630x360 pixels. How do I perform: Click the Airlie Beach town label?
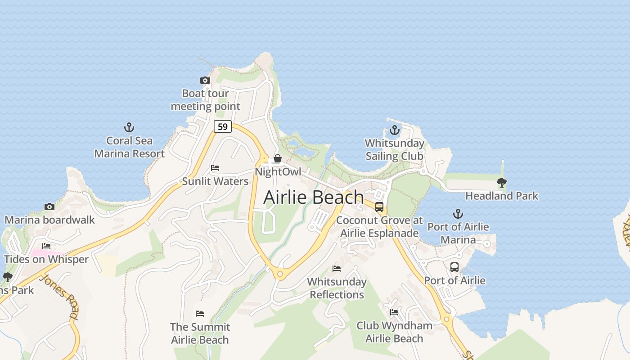click(x=314, y=197)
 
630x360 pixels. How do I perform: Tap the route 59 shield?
click(x=222, y=126)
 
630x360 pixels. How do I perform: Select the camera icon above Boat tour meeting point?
click(x=205, y=81)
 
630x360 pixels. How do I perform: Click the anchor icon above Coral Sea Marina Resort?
click(x=129, y=127)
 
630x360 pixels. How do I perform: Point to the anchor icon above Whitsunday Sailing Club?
click(x=394, y=130)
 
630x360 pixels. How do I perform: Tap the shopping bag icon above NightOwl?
click(x=278, y=158)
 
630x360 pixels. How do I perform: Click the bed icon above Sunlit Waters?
click(x=215, y=168)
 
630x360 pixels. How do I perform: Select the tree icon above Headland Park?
click(x=501, y=182)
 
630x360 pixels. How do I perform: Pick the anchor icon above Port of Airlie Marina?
click(x=458, y=213)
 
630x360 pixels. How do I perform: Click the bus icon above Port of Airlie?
click(x=454, y=267)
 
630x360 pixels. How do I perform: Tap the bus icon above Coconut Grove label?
click(x=379, y=207)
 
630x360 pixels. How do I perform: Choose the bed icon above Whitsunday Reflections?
click(x=337, y=269)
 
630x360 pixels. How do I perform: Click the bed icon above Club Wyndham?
click(x=394, y=312)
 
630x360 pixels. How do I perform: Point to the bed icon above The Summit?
click(x=200, y=314)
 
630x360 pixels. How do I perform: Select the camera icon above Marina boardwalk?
click(x=49, y=207)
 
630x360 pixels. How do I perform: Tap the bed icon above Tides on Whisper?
click(x=46, y=246)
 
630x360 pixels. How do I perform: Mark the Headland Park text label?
click(x=502, y=196)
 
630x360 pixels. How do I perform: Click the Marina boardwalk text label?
click(x=49, y=220)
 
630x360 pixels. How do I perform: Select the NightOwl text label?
click(x=278, y=172)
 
